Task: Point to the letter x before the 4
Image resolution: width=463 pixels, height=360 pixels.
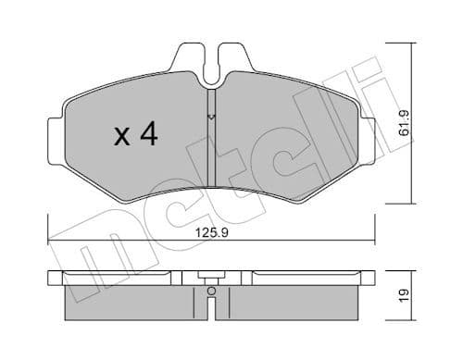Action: tap(120, 138)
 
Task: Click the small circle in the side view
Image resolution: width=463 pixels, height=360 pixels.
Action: tap(211, 293)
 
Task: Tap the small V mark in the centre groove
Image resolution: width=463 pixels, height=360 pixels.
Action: tap(211, 117)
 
